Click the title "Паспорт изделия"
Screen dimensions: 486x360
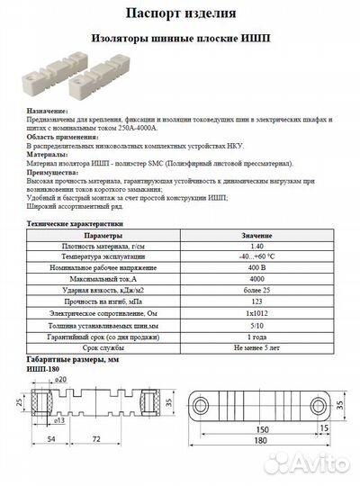pyautogui.click(x=180, y=14)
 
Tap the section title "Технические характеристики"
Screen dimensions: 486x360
pyautogui.click(x=74, y=222)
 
